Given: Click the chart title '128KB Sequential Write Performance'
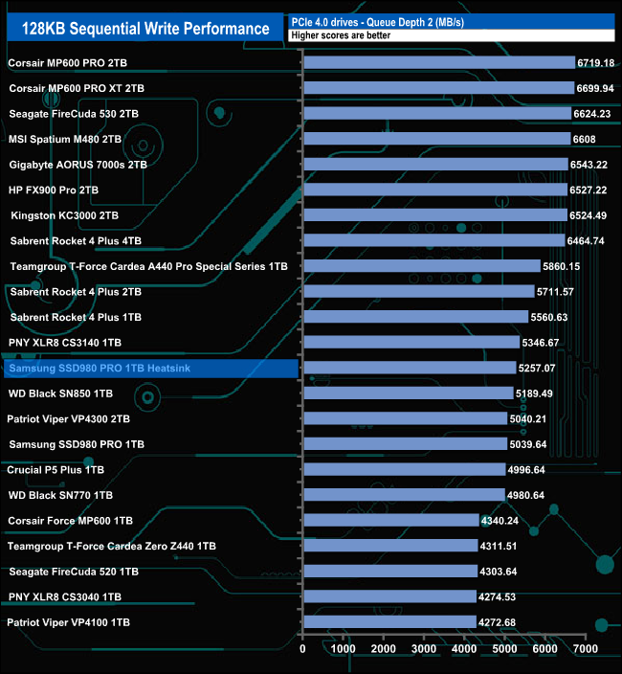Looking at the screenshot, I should [x=140, y=29].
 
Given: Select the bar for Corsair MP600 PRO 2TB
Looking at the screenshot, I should [x=438, y=63].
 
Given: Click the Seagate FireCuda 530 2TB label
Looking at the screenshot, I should [x=74, y=114].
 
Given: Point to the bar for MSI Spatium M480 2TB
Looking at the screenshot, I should [x=436, y=139].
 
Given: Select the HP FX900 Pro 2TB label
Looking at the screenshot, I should [x=54, y=190].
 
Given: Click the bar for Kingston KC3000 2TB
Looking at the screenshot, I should [x=434, y=214].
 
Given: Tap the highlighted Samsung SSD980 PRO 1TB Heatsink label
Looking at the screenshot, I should [x=85, y=368].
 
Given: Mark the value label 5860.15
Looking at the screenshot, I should [x=561, y=266].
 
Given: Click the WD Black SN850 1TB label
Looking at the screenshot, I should [x=60, y=393].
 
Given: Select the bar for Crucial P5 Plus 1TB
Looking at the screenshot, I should [x=404, y=469].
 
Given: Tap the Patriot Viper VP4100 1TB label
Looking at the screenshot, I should [x=68, y=622].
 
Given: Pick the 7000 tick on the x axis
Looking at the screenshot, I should [x=586, y=649].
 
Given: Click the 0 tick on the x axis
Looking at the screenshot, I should [x=303, y=649].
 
